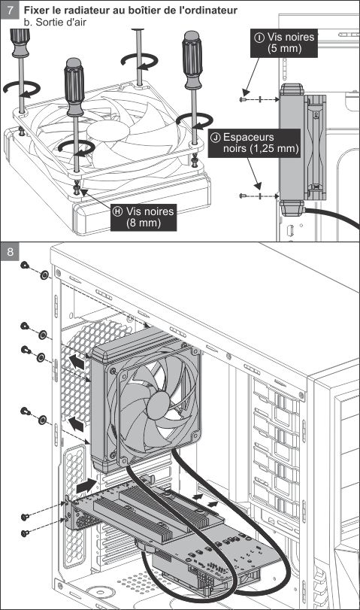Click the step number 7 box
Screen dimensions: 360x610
tap(10, 10)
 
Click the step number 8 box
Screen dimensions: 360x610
tap(10, 252)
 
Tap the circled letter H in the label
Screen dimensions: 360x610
tap(117, 211)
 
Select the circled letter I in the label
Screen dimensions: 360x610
tap(259, 38)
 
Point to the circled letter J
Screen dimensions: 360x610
tap(216, 138)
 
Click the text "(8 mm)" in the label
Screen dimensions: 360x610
tap(144, 223)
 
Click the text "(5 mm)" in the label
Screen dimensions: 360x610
tap(284, 49)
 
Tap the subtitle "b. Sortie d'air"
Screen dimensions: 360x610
tap(55, 22)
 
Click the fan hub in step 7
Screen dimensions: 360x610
tap(107, 131)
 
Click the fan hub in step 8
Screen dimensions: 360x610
tap(159, 405)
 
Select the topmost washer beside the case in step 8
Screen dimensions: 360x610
tap(44, 275)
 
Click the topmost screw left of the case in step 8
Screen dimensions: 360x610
tap(25, 266)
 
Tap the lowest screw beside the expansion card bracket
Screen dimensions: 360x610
tap(25, 533)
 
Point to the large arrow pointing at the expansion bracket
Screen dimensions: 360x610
tap(86, 486)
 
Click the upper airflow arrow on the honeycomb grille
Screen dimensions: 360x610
tap(77, 363)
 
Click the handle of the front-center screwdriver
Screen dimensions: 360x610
tap(74, 86)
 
